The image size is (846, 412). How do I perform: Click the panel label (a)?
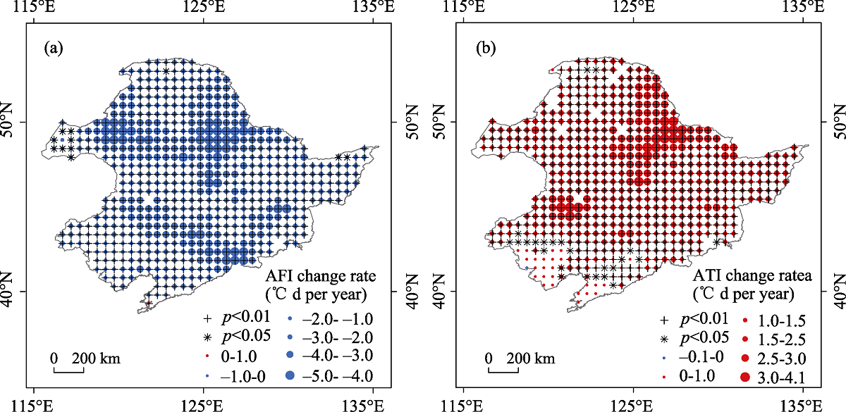click(54, 49)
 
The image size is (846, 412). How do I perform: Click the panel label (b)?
click(486, 49)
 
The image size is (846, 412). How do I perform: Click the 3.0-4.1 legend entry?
click(764, 378)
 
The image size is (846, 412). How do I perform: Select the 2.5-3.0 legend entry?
click(764, 359)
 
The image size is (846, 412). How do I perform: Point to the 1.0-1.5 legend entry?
click(764, 321)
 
